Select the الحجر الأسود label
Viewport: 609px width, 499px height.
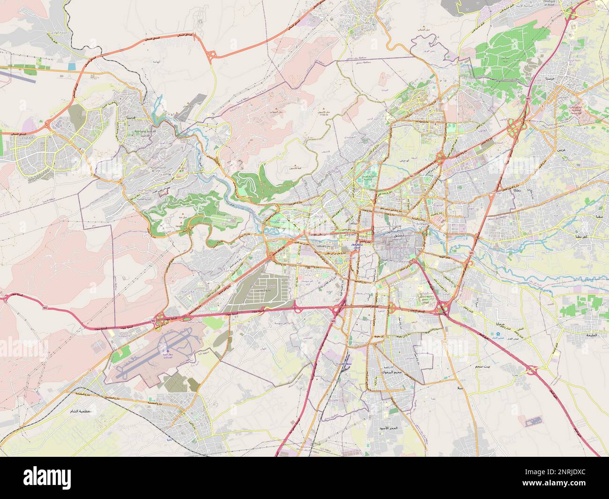coord(388,428)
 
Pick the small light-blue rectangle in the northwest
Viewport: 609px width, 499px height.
coord(71,67)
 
